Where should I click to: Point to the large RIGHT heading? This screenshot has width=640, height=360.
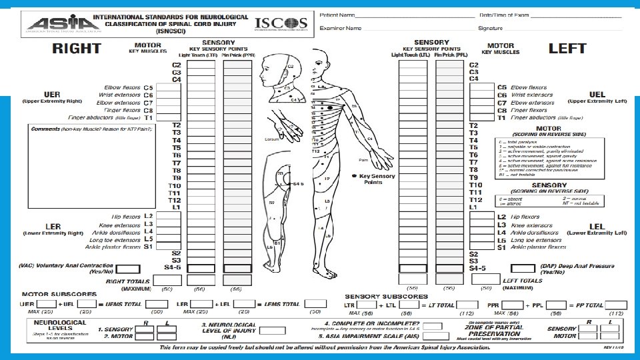point(77,49)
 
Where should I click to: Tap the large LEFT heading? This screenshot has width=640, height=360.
point(567,49)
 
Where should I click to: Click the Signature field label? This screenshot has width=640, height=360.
point(490,28)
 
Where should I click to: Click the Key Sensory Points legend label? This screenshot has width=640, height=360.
point(377,179)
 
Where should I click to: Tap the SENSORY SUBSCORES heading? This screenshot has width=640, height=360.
point(386,296)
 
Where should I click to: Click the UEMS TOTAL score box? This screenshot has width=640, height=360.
point(157,305)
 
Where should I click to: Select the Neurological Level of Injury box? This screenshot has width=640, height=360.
point(272,330)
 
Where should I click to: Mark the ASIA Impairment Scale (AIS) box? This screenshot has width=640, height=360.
point(432,337)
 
